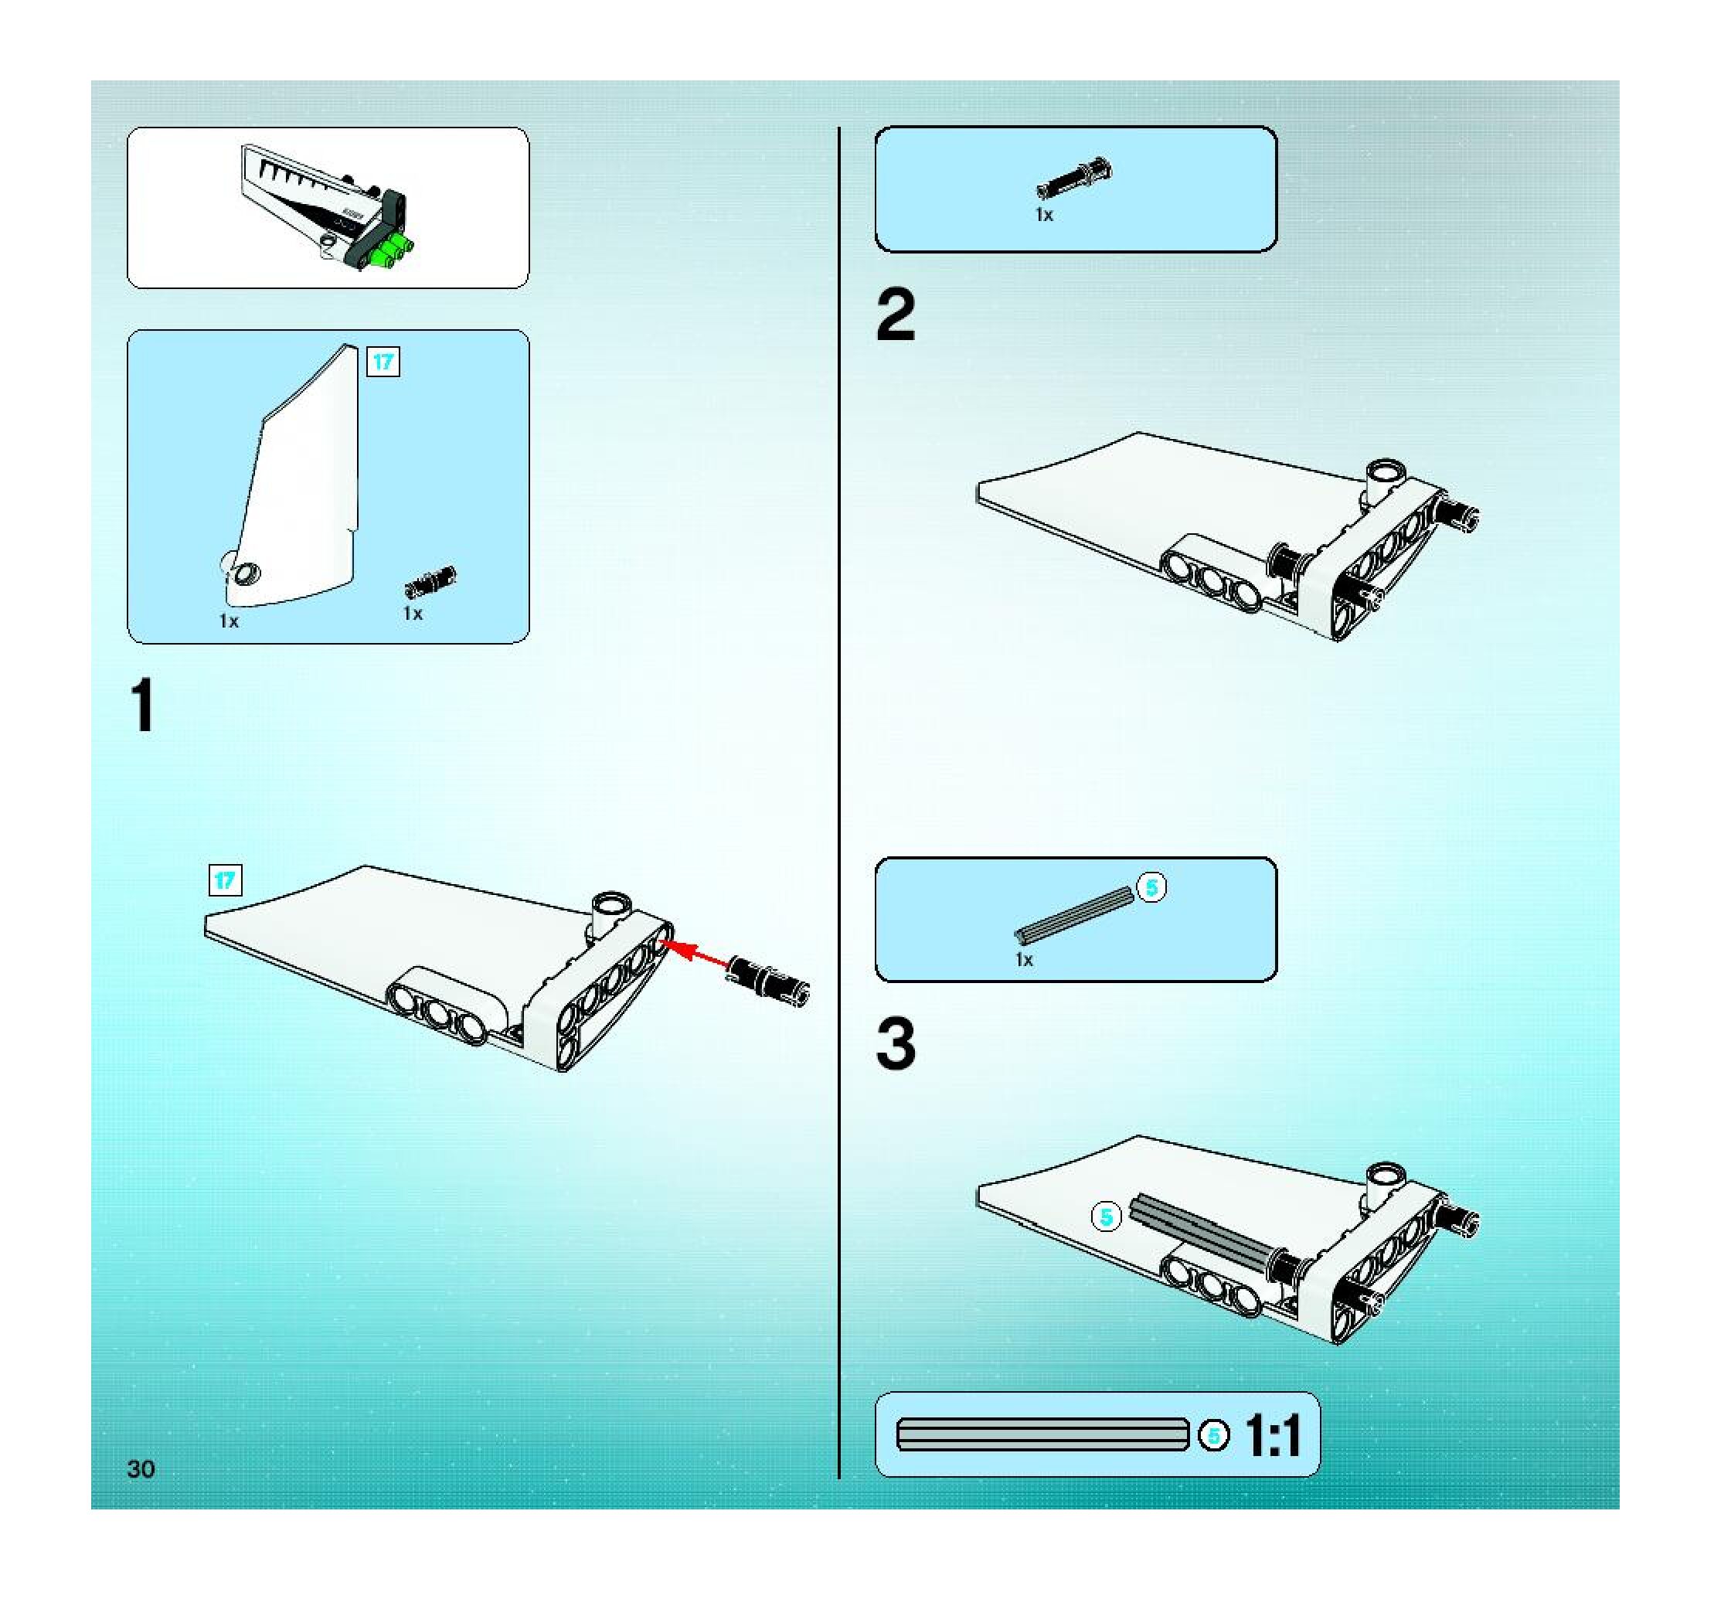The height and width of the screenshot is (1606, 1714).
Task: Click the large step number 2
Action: (896, 315)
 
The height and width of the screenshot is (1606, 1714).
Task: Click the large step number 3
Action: (896, 1044)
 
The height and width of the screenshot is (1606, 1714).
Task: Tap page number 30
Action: (141, 1469)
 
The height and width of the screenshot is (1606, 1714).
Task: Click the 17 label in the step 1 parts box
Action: (383, 361)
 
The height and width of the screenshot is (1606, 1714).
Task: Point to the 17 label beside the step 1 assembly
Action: (225, 880)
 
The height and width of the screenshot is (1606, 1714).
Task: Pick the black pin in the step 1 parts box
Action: (430, 582)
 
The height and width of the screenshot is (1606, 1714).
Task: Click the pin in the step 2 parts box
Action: (1074, 179)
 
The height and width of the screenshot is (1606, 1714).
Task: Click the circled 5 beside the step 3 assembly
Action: (1106, 1217)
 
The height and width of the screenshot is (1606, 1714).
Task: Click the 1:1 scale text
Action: (1273, 1436)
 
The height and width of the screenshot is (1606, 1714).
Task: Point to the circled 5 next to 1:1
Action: (1214, 1435)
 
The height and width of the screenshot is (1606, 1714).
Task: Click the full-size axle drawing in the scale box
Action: (1042, 1434)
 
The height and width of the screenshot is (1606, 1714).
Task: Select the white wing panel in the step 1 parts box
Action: (298, 483)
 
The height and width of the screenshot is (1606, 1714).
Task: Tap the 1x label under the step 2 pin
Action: (1044, 215)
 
